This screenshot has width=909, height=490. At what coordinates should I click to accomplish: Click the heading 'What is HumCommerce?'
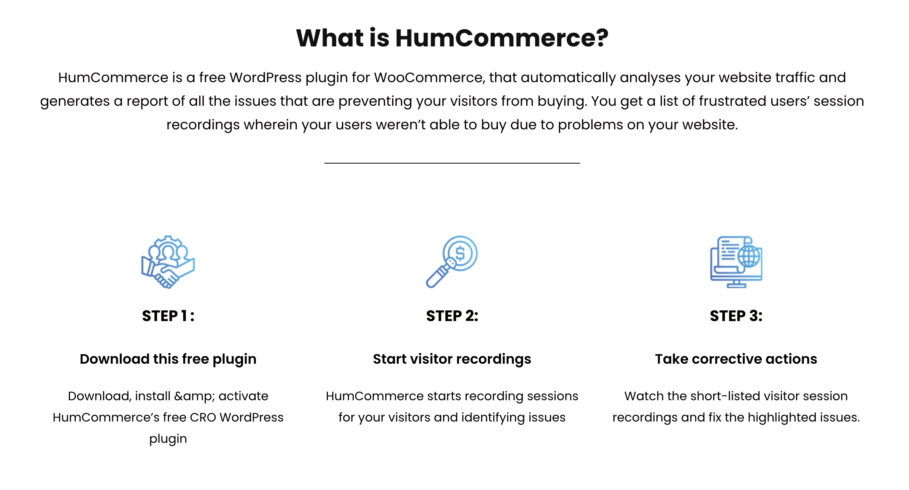pos(452,38)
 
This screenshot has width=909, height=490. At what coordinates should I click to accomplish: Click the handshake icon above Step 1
pos(168,262)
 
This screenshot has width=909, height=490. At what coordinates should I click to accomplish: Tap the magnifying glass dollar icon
pos(452,262)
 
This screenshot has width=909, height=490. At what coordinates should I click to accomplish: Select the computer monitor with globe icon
pos(736,262)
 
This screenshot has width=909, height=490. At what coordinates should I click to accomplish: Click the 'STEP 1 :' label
pos(168,316)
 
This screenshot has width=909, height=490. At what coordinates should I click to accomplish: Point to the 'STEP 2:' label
pos(452,316)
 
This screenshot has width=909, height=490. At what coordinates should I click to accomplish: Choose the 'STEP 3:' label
pos(736,316)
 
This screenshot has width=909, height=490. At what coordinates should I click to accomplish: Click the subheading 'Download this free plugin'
pos(168,359)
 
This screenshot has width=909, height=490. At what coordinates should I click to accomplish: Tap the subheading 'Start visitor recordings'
pos(452,359)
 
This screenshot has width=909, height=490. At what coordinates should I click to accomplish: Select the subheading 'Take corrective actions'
pos(736,359)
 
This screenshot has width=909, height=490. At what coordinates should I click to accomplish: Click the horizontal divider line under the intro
pos(452,163)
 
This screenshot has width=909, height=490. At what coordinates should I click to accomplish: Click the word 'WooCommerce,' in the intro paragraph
pos(429,78)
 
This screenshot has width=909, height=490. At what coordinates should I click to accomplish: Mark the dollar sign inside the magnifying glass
pos(460,253)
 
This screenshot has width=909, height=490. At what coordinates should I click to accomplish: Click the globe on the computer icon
pos(749,256)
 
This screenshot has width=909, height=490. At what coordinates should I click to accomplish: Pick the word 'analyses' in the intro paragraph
pos(650,78)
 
